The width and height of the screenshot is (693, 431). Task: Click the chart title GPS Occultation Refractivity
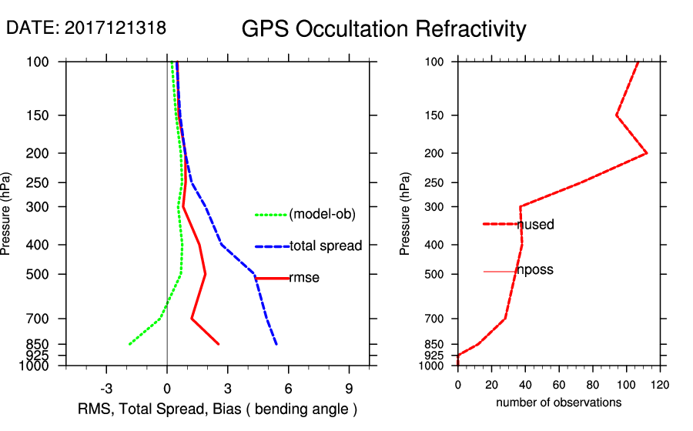pos(383,29)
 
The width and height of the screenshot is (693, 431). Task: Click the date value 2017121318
pos(115,28)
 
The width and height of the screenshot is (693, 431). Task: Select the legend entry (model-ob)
pos(322,215)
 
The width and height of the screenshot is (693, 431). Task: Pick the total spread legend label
pos(326,246)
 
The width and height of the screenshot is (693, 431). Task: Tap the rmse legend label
pos(304,278)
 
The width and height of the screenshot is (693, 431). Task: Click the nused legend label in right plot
pos(536,225)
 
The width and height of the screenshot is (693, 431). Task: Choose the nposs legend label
pos(535,271)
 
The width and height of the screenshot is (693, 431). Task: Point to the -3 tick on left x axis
pos(106,388)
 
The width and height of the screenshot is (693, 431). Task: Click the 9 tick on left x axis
pos(350,388)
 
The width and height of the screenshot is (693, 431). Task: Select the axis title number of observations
pos(558,402)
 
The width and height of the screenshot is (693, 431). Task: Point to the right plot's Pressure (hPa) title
pos(405,213)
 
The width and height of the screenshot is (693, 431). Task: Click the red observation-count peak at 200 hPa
pos(647,153)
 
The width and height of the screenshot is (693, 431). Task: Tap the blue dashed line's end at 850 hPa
pos(276,344)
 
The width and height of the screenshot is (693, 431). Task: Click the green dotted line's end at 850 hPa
pos(129,344)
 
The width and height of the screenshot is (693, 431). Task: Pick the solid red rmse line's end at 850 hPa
pos(219,344)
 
